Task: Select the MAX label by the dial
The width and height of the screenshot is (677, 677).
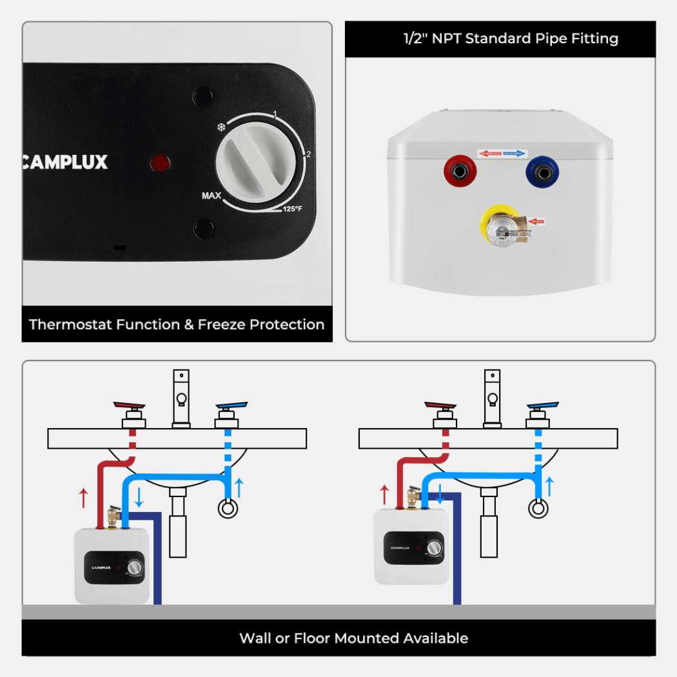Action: pos(212,195)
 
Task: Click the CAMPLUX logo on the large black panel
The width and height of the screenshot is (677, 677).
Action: pos(64,162)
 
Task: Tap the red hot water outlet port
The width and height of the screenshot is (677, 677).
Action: pos(458,172)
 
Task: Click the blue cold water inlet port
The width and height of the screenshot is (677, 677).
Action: pos(540,172)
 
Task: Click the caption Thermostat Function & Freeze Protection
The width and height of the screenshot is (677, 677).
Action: pos(177,324)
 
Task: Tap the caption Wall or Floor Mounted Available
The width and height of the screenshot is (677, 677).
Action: pos(353,638)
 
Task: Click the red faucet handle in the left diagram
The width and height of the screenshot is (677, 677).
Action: pos(130,406)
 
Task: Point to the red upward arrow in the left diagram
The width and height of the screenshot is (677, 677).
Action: pos(83,496)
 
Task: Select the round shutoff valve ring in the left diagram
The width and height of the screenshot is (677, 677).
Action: pos(226,509)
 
